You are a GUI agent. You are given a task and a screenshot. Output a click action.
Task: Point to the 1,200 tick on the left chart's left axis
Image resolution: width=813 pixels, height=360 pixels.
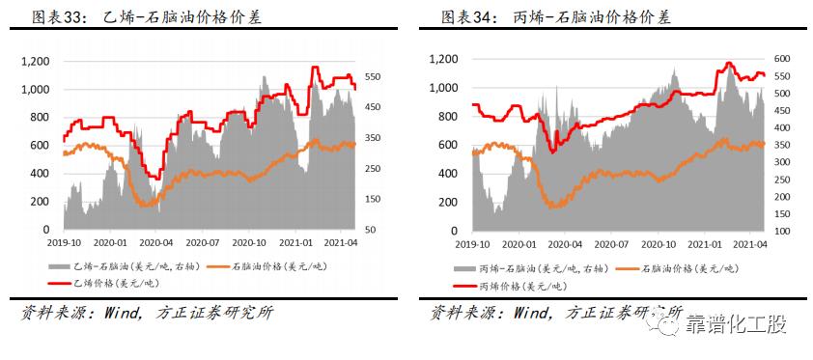[35, 62]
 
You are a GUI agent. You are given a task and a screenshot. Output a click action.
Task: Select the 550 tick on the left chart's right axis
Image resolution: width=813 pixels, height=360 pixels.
[377, 77]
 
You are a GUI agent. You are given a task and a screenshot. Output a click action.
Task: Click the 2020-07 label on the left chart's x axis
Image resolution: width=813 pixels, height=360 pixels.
[205, 243]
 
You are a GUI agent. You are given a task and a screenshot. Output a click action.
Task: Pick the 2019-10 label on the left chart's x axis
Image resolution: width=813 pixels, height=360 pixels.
[65, 243]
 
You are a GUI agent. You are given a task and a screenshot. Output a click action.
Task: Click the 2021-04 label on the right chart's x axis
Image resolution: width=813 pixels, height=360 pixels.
[748, 245]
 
